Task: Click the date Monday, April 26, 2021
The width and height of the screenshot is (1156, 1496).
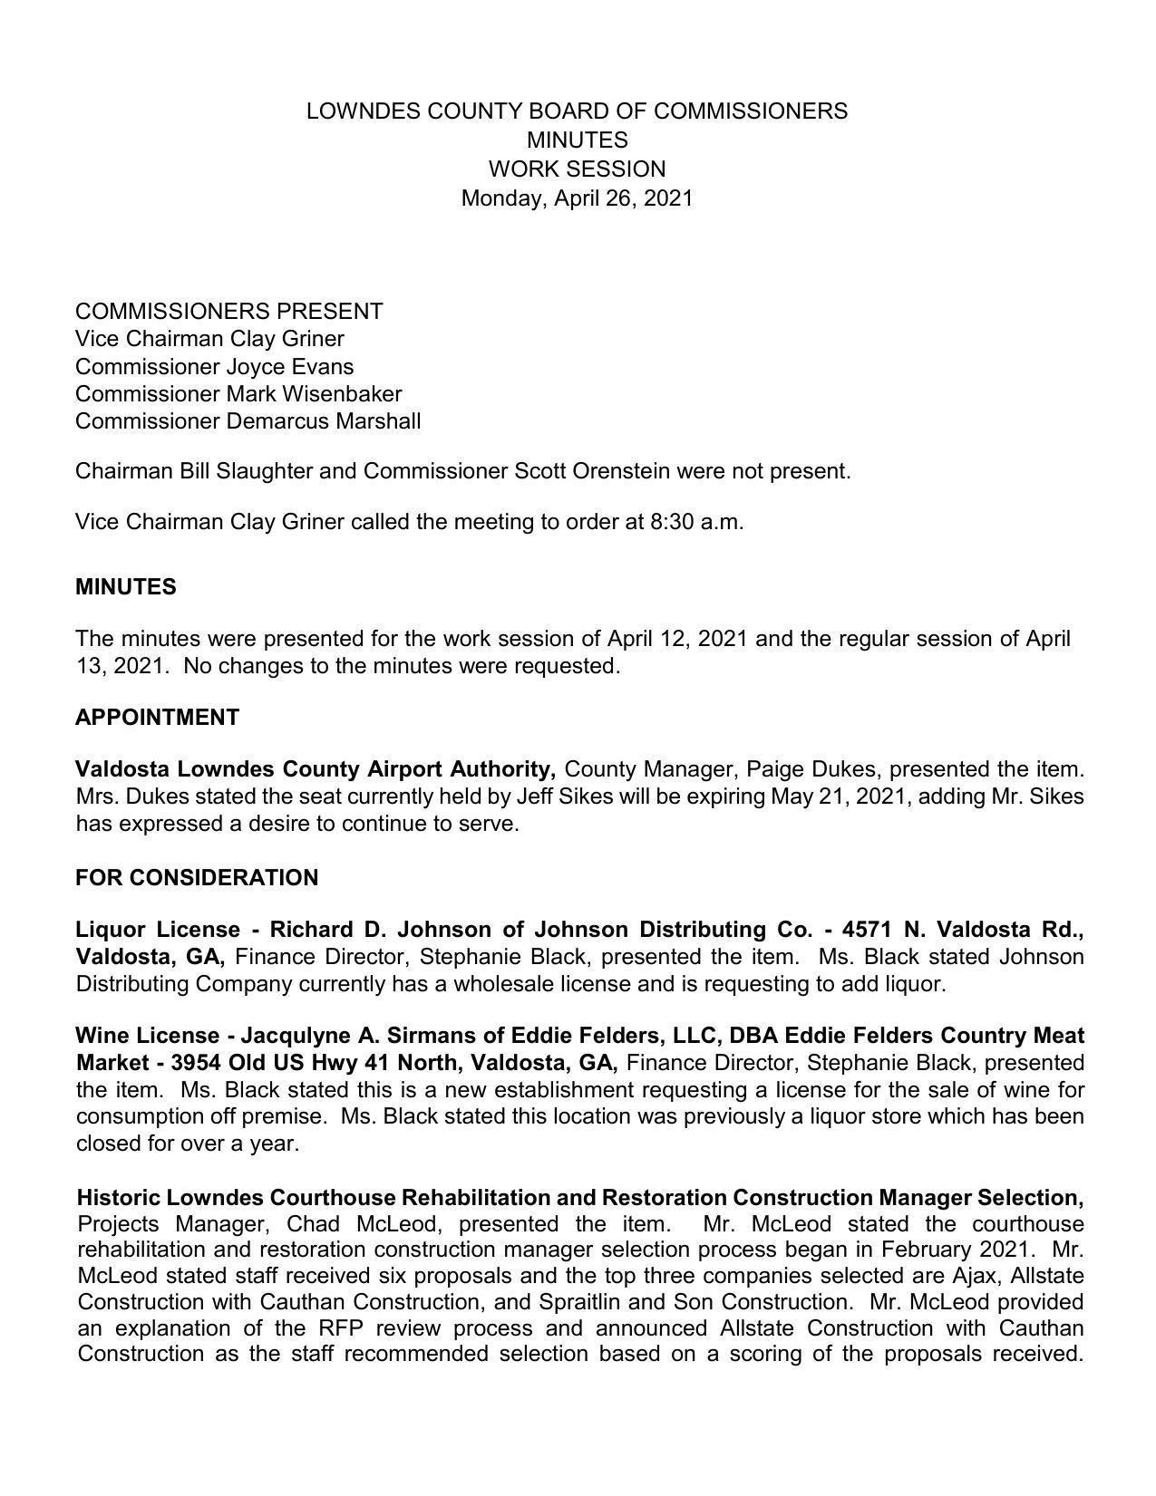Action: (577, 198)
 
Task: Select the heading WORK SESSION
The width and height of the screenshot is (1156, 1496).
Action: (577, 169)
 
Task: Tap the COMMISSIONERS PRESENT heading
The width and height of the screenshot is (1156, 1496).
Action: (228, 312)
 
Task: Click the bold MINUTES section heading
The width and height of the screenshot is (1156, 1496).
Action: (126, 587)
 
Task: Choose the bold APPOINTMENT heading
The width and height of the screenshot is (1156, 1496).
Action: (157, 718)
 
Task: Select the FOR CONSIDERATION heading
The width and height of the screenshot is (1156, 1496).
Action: (197, 878)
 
